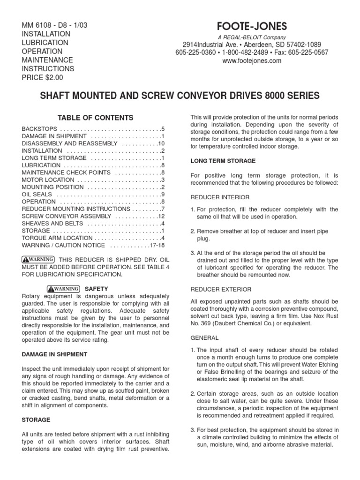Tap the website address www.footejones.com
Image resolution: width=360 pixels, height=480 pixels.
[252, 60]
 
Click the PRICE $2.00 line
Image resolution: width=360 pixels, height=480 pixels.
[43, 77]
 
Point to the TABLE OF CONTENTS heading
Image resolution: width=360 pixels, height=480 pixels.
[95, 118]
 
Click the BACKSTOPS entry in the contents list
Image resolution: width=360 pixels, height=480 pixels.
[40, 128]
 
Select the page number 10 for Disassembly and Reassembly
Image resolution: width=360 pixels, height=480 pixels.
[162, 143]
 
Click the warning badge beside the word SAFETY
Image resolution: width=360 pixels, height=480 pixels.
[63, 288]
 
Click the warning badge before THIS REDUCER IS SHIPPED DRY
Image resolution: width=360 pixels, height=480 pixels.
[38, 259]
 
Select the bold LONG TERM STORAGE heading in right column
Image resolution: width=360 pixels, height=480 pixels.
[223, 161]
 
